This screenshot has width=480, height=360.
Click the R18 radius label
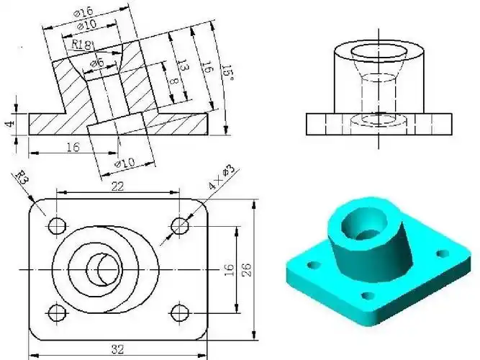coord(81,45)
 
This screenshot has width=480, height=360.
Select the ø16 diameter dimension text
coord(83,12)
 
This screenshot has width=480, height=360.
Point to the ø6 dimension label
coord(97,64)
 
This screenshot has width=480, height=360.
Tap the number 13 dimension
coord(184,66)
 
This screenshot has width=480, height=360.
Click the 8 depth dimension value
coord(173,81)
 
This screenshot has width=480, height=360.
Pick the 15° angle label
coord(228,72)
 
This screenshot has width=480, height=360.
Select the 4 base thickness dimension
coord(10,124)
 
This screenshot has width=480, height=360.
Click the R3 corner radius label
coord(22,177)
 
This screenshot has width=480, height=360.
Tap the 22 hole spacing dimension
coord(117,186)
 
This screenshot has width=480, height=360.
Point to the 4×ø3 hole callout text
coord(221,177)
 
